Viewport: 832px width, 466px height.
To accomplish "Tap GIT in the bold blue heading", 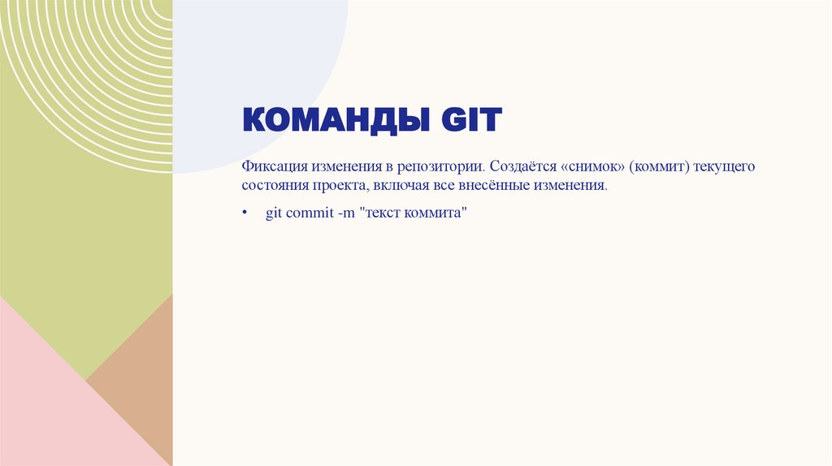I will pyautogui.click(x=471, y=120).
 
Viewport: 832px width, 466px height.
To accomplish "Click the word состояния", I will pyautogui.click(x=274, y=186).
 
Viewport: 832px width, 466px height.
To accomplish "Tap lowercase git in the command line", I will pyautogui.click(x=274, y=214).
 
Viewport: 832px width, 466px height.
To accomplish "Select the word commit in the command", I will pyautogui.click(x=308, y=214).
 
